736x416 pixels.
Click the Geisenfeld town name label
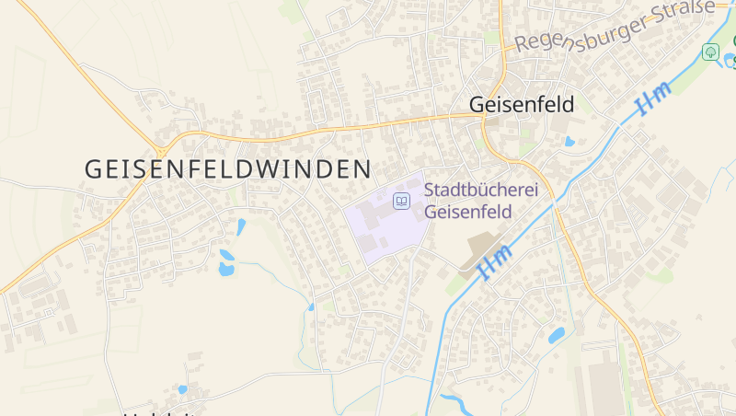click(521, 104)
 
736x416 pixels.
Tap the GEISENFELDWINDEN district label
click(228, 168)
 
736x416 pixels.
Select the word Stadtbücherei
click(480, 191)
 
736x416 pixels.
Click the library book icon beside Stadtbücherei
click(401, 200)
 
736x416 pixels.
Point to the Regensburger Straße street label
click(614, 26)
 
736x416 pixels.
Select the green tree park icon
click(710, 52)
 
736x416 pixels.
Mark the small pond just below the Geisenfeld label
click(569, 142)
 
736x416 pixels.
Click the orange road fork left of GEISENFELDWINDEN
click(162, 150)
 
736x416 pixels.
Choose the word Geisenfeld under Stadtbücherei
click(467, 212)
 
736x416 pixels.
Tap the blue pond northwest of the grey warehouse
click(557, 335)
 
